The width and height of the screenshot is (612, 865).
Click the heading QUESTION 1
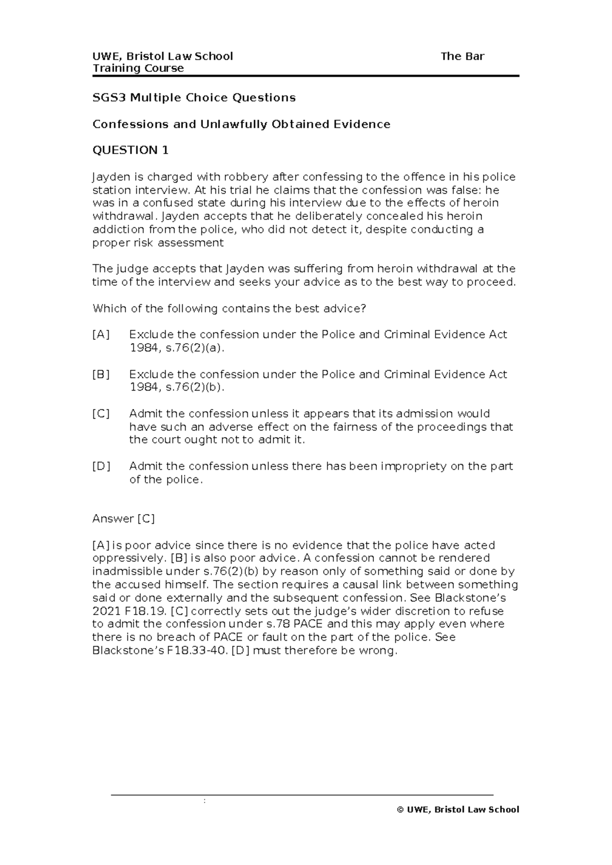[130, 150]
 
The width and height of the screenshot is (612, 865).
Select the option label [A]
[101, 335]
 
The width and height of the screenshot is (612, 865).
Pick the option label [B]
[101, 374]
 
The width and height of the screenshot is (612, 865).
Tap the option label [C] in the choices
[101, 414]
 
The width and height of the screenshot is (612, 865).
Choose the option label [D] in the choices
[101, 466]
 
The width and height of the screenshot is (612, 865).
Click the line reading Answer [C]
[123, 519]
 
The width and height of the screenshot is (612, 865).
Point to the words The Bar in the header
[462, 56]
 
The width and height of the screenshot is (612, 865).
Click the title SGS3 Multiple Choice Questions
[194, 97]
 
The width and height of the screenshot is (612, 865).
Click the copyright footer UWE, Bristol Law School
[458, 809]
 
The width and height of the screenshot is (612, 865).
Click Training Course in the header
[138, 68]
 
